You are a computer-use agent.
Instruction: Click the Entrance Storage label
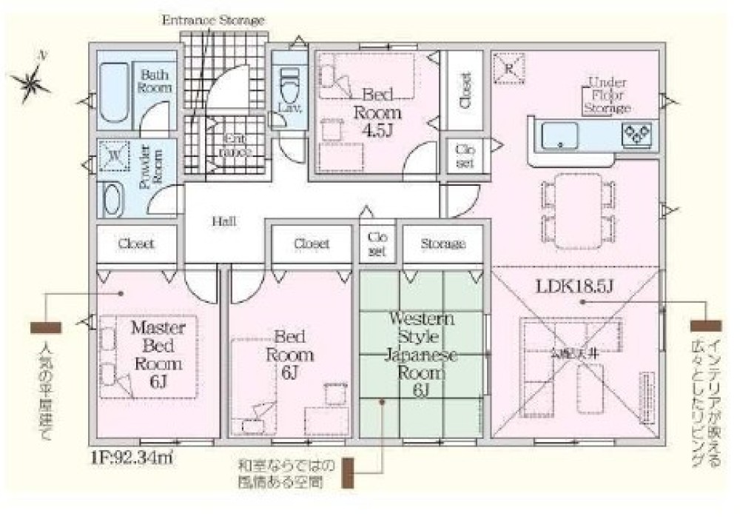click(213, 21)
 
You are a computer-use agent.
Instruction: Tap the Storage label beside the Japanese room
click(443, 244)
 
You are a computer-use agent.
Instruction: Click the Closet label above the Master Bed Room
click(136, 244)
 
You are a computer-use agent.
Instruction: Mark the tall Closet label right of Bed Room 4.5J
click(465, 91)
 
